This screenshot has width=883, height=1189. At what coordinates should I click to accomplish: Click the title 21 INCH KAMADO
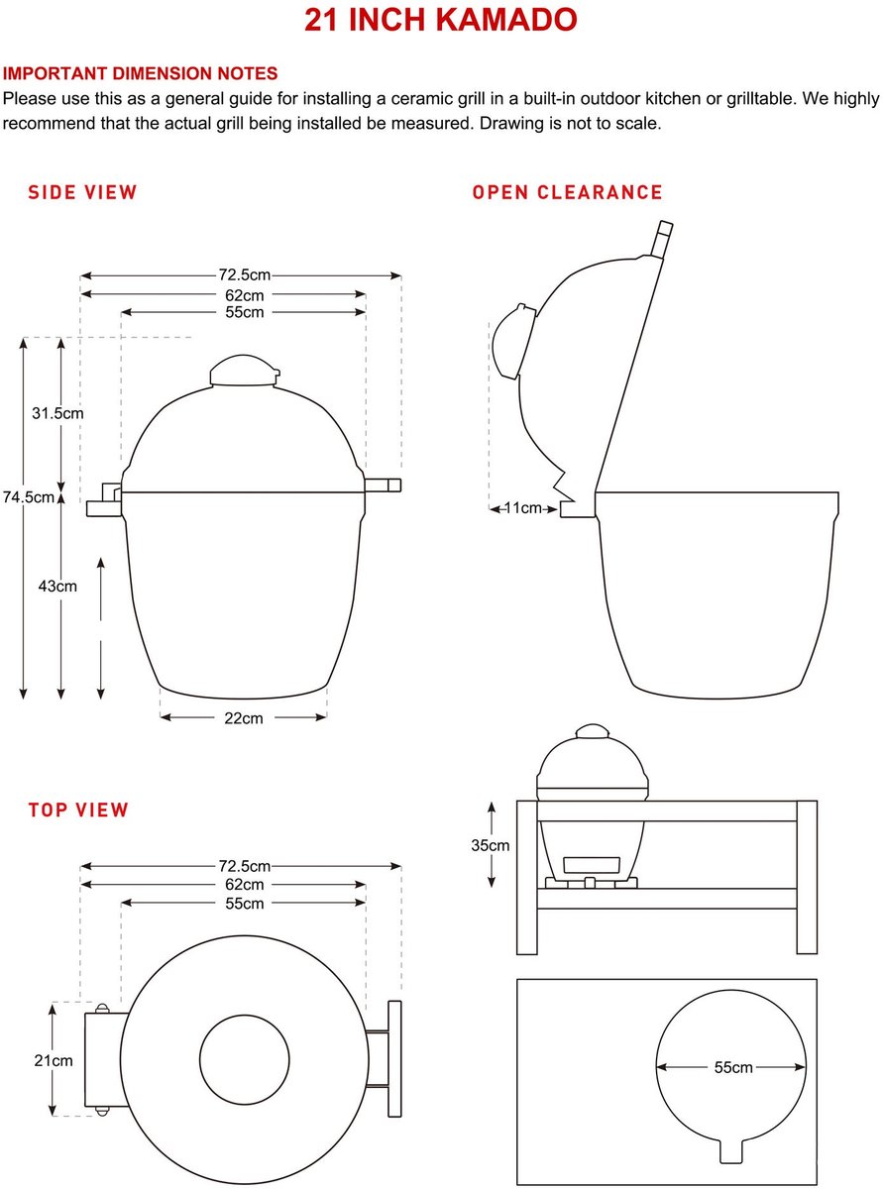(x=441, y=21)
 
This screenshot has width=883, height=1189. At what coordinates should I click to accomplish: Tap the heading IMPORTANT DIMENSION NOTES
(x=141, y=73)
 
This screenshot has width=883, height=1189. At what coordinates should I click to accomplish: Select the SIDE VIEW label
(x=82, y=192)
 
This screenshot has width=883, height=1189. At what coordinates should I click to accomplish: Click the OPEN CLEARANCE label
(x=567, y=192)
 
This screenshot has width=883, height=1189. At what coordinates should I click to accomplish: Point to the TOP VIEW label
(x=78, y=810)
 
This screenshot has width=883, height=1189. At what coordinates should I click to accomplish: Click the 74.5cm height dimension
(x=29, y=497)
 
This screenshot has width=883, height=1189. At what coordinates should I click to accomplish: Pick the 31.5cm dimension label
(x=57, y=413)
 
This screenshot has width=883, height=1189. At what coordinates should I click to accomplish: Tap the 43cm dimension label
(x=57, y=586)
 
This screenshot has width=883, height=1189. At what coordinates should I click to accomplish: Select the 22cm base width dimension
(x=244, y=718)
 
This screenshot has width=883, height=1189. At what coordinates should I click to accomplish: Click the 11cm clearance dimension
(x=523, y=508)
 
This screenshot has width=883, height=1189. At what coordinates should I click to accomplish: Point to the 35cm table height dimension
(x=490, y=845)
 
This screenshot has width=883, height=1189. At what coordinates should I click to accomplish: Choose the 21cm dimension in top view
(x=54, y=1061)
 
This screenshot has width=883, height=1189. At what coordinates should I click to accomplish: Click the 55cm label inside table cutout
(x=733, y=1067)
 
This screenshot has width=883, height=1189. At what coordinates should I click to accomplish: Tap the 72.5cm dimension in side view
(x=244, y=275)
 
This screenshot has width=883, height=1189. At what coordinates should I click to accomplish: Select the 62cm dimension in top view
(x=244, y=885)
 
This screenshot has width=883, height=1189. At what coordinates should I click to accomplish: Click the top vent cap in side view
(x=245, y=371)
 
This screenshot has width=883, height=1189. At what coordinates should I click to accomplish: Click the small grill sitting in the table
(x=592, y=807)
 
